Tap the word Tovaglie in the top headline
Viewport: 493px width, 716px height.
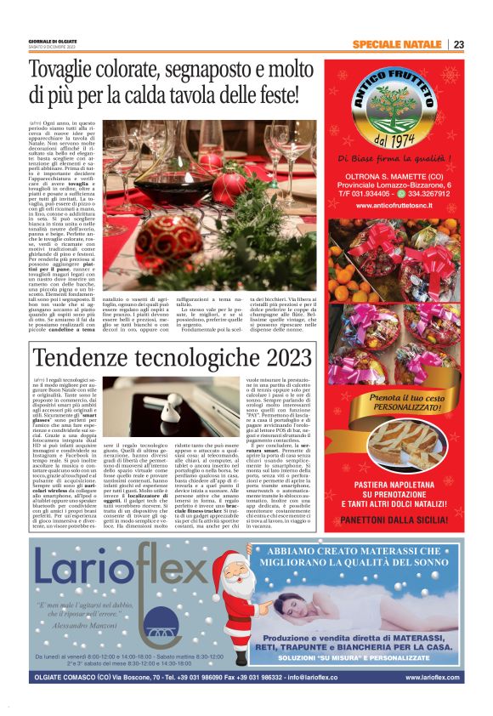70,70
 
